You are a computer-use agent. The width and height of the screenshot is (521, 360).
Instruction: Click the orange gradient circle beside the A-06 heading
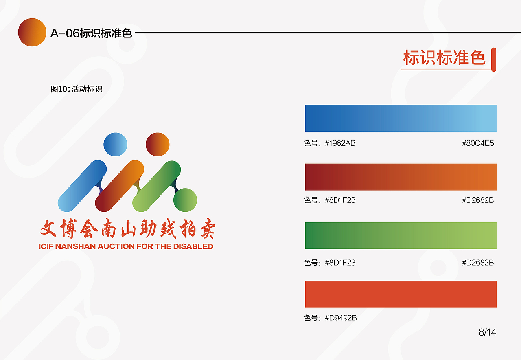[32, 32]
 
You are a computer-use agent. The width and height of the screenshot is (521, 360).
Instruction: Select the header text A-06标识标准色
[91, 33]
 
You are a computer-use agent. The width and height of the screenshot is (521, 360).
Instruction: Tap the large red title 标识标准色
[444, 58]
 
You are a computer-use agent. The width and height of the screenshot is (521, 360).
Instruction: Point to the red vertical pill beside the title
[494, 59]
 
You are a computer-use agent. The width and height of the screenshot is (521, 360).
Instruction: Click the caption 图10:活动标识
[76, 89]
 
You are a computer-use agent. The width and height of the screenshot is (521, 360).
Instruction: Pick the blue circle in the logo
[116, 144]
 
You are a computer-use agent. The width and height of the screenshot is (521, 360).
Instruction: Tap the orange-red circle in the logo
[158, 144]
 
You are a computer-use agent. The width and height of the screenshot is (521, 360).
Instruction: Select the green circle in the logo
[185, 200]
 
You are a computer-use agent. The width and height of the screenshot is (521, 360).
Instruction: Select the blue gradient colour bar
[401, 118]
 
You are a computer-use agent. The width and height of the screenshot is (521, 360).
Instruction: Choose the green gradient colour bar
[401, 235]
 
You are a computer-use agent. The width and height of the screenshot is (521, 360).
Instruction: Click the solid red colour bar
[401, 294]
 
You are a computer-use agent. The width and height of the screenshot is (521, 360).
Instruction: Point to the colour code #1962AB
[340, 143]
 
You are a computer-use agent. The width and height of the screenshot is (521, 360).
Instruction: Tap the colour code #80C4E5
[478, 143]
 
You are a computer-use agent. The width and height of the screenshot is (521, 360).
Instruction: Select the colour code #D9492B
[340, 318]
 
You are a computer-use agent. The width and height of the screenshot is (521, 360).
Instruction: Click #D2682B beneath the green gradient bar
[478, 263]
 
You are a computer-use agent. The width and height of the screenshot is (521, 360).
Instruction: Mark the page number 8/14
[487, 332]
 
